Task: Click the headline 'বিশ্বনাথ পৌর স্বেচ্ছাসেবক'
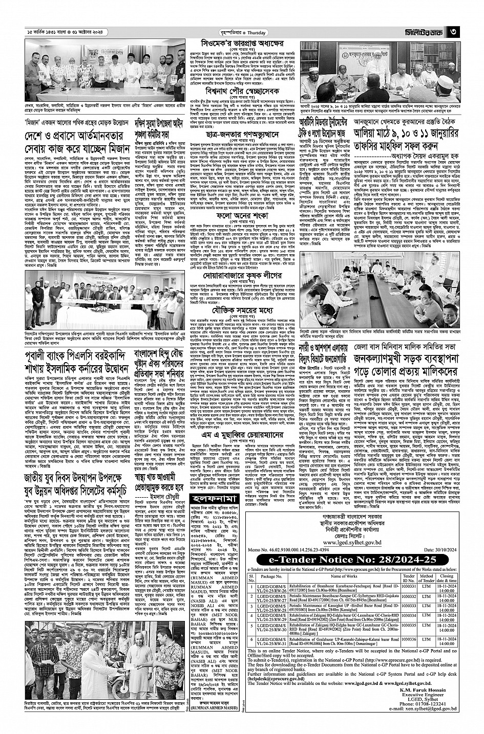coord(236,91)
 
